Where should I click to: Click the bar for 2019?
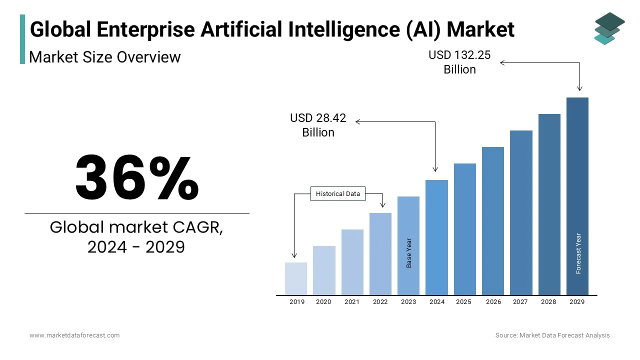pyautogui.click(x=296, y=278)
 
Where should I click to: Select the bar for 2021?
pyautogui.click(x=352, y=262)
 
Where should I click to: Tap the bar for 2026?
pyautogui.click(x=493, y=220)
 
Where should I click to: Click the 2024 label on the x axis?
pyautogui.click(x=437, y=302)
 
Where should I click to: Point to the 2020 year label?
pyautogui.click(x=323, y=302)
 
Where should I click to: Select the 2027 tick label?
pyautogui.click(x=520, y=302)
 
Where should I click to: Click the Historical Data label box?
pyautogui.click(x=338, y=194)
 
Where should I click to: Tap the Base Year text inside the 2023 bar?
pyautogui.click(x=409, y=252)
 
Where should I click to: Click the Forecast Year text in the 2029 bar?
pyautogui.click(x=578, y=253)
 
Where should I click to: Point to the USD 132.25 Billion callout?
pyautogui.click(x=459, y=62)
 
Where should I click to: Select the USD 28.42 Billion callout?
pyautogui.click(x=318, y=125)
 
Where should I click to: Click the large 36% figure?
pyautogui.click(x=137, y=178)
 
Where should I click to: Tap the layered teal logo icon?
pyautogui.click(x=609, y=28)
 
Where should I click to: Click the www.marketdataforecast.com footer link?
pyautogui.click(x=74, y=335)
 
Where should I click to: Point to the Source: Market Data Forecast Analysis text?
pyautogui.click(x=552, y=335)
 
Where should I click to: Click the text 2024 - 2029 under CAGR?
pyautogui.click(x=136, y=247)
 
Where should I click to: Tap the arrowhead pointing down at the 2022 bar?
pyautogui.click(x=383, y=205)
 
